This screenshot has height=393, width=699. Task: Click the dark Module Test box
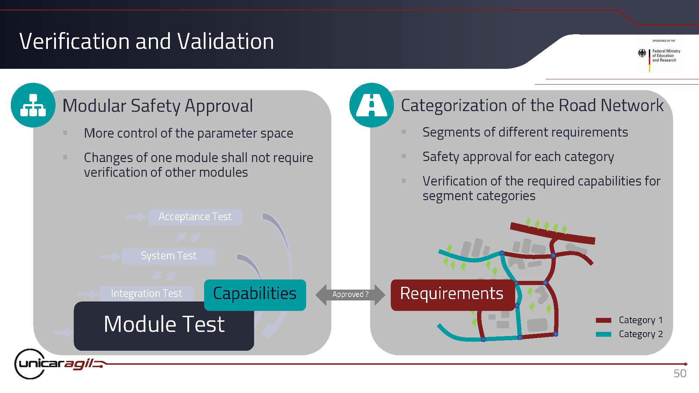pyautogui.click(x=164, y=326)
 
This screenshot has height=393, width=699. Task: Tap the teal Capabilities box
pyautogui.click(x=255, y=295)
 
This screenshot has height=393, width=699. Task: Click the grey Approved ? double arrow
pyautogui.click(x=350, y=295)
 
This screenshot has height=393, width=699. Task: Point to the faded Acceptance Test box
pyautogui.click(x=195, y=217)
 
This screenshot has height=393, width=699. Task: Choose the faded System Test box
pyautogui.click(x=168, y=256)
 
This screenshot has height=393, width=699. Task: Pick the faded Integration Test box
pyautogui.click(x=146, y=293)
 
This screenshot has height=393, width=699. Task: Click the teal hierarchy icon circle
pyautogui.click(x=33, y=105)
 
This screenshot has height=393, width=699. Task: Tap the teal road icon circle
pyautogui.click(x=372, y=105)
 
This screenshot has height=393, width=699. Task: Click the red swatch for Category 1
pyautogui.click(x=604, y=320)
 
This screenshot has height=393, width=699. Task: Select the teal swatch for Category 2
pyautogui.click(x=604, y=334)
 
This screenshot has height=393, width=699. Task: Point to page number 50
pyautogui.click(x=680, y=373)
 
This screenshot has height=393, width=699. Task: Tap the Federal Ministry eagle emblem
pyautogui.click(x=642, y=53)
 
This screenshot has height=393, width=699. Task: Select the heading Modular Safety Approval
pyautogui.click(x=158, y=106)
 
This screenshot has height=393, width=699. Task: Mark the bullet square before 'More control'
pyautogui.click(x=65, y=133)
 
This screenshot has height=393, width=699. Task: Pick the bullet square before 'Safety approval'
pyautogui.click(x=404, y=156)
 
